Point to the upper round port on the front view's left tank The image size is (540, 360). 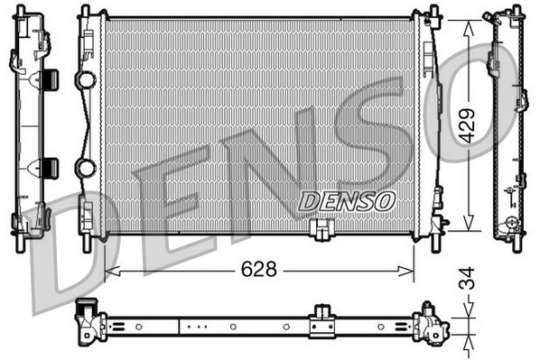coord(86,80)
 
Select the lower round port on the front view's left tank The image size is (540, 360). coord(86,168)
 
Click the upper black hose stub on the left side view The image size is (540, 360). coord(50,79)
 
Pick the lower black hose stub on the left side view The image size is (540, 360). coord(50,167)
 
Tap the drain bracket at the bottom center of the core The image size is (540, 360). coord(320,231)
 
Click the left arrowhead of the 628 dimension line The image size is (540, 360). coord(110,271)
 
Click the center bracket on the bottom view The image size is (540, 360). coord(321,323)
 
